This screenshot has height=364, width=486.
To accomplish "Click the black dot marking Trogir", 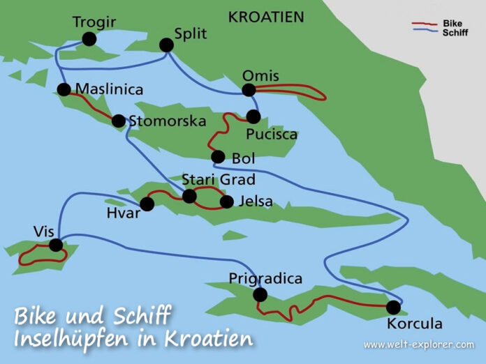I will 89,39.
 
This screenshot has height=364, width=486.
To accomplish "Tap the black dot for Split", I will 166,45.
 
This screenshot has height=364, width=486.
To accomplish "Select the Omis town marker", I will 248,90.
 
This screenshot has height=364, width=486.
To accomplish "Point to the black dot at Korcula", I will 393,307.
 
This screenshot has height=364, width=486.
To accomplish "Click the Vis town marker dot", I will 56,245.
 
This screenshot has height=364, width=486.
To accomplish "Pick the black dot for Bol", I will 218,157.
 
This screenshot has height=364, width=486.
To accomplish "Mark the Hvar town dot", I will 147,204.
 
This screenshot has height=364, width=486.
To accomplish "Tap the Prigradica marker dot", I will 260,295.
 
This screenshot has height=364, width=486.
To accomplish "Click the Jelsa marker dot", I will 226,202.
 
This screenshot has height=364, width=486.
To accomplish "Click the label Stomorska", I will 168,121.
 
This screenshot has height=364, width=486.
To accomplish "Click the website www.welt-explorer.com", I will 418,344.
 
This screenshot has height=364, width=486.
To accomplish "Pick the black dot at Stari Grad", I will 189,196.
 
